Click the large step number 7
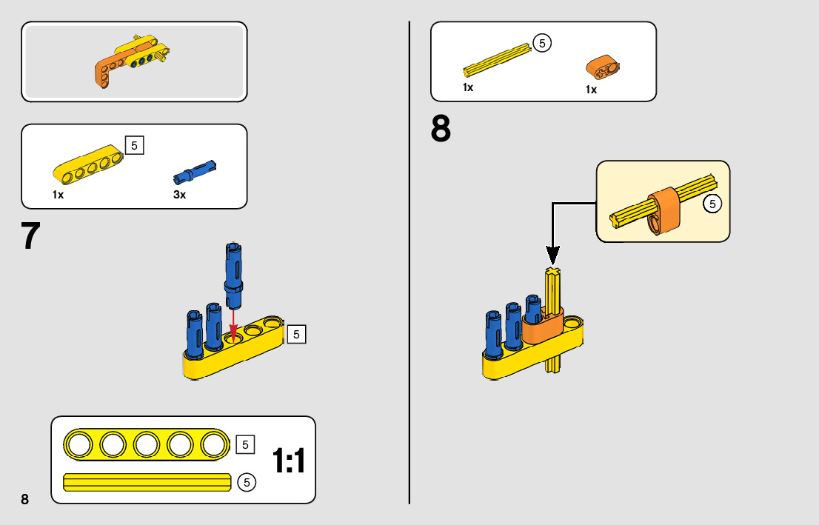coord(30,235)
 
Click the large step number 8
coord(441,129)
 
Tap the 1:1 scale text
coord(289,461)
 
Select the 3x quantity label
coord(179,195)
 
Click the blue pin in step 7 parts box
coord(195,172)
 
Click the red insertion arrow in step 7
coord(233,324)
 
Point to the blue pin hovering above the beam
coord(233,275)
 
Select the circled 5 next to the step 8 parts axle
coord(542,44)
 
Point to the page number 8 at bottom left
coord(24,498)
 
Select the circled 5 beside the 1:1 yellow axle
coord(247,483)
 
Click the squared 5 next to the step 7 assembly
coord(296,334)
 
